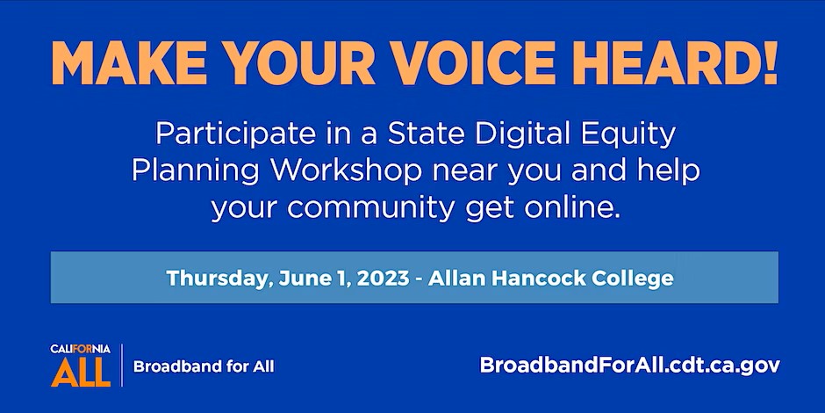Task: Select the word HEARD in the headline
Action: [665, 62]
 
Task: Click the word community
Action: [371, 208]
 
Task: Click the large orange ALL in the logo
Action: [81, 372]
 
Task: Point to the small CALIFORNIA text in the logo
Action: [81, 349]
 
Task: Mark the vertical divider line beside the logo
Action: [122, 365]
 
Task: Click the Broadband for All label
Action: [204, 366]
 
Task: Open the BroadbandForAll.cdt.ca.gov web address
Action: [630, 365]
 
